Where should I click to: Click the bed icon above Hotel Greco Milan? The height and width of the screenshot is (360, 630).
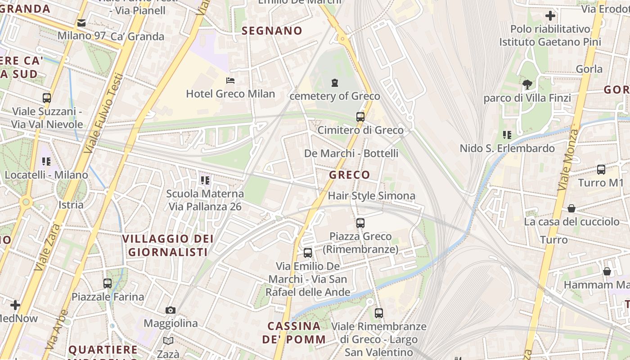(230, 81)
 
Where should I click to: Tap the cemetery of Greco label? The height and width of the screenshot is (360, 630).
(335, 96)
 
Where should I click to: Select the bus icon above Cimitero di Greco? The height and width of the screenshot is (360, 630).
(360, 117)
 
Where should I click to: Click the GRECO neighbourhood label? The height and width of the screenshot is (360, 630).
(350, 175)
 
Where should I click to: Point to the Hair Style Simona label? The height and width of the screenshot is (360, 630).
(371, 196)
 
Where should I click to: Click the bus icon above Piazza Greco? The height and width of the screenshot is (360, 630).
(360, 223)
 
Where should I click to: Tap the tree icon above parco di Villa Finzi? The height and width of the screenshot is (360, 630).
(527, 84)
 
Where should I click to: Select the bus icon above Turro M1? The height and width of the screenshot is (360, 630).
(601, 170)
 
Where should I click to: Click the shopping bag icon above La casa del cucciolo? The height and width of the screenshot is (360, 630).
(571, 208)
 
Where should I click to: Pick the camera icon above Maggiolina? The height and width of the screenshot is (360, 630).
(170, 310)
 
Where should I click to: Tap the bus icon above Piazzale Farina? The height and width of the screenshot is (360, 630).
(107, 283)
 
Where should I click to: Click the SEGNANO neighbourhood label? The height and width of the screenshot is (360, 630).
(272, 31)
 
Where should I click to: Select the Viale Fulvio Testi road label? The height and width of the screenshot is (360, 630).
(103, 112)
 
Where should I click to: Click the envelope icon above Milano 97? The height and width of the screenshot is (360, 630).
(81, 22)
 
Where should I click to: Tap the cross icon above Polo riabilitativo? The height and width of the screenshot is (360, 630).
(550, 16)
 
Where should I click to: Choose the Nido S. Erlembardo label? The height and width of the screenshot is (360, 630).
(507, 148)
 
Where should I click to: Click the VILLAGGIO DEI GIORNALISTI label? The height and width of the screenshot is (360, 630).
(168, 245)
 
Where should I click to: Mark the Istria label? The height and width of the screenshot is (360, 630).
(71, 205)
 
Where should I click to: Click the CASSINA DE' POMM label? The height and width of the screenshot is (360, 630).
(294, 333)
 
